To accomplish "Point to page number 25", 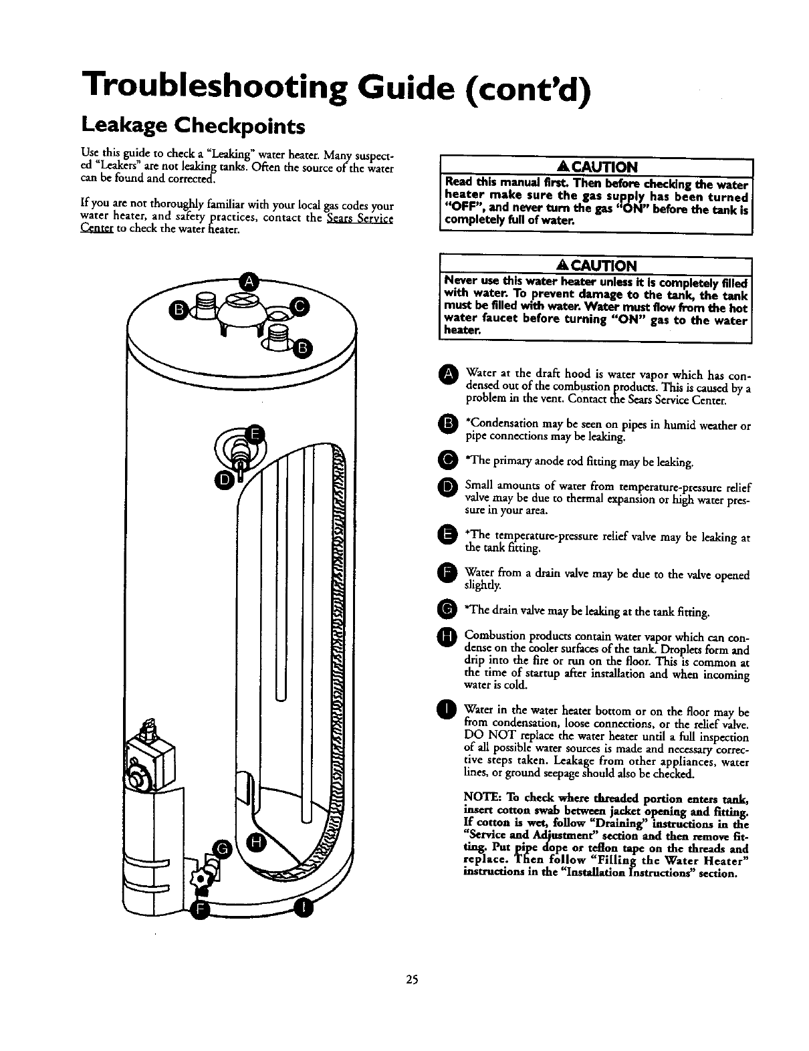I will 411,979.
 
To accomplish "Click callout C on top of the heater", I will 299,307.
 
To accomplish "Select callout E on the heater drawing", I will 255,434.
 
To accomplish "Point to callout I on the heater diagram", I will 304,909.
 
